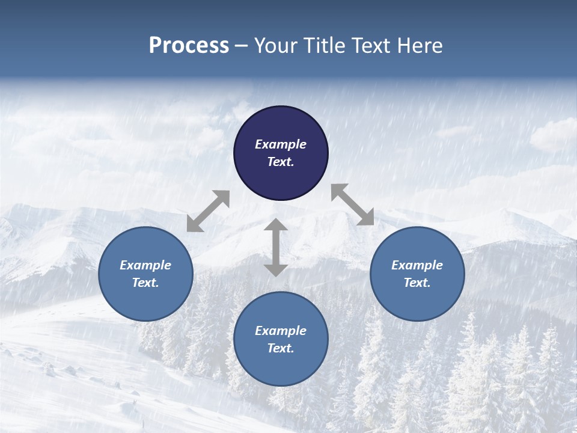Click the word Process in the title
[189, 46]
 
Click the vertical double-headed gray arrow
[275, 247]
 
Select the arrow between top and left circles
[208, 211]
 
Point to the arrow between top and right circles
[353, 204]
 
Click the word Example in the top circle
[281, 144]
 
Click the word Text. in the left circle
[145, 283]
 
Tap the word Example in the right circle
[417, 265]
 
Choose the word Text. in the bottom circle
[281, 348]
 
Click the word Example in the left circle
[145, 265]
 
